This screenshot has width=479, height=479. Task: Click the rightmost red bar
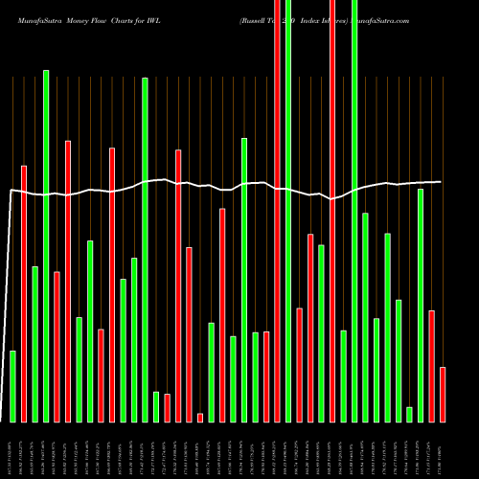443,394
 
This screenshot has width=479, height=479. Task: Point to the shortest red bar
200,417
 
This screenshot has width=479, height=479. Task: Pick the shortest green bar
409,414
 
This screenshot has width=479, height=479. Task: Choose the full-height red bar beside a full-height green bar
278,211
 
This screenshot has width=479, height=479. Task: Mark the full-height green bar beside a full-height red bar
288,211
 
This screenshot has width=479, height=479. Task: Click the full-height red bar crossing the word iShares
332,211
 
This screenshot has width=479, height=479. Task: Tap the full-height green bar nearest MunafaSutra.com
354,211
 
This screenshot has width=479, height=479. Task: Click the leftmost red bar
24,293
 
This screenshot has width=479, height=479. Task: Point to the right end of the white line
441,181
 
